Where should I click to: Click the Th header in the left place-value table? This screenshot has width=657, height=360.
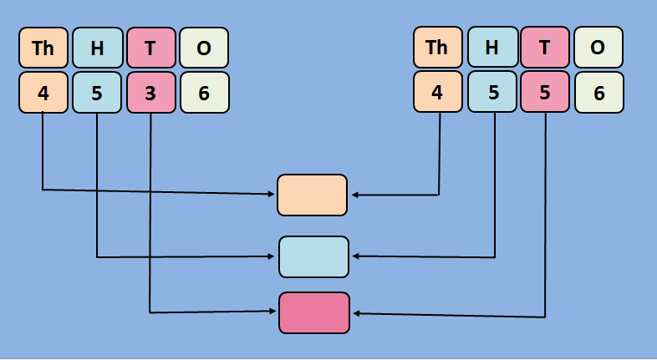[x=43, y=48]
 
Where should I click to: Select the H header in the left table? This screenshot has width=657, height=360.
[x=97, y=48]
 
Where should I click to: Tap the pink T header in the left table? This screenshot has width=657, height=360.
[x=150, y=48]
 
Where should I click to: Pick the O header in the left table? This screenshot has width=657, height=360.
[x=204, y=48]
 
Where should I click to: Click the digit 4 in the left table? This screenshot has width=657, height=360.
[x=43, y=93]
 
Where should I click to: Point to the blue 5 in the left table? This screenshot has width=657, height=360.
[x=97, y=93]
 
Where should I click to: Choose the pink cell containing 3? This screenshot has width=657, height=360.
[x=150, y=93]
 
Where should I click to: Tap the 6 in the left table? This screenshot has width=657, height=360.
[x=204, y=93]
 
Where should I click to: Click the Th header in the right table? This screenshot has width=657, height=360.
[x=437, y=48]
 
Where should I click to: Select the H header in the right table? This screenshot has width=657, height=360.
[x=491, y=48]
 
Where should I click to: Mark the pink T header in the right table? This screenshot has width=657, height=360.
[x=545, y=48]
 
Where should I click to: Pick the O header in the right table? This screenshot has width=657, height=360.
[x=598, y=48]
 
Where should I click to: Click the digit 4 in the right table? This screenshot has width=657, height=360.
[x=437, y=93]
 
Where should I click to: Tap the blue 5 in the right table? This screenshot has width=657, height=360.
[x=491, y=93]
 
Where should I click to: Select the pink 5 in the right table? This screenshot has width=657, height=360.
[x=545, y=93]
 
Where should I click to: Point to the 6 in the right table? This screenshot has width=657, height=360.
[x=598, y=93]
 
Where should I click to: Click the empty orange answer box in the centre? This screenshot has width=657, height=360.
[x=312, y=195]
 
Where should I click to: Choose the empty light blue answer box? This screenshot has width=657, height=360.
[x=313, y=256]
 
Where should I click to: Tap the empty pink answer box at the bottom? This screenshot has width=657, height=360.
[x=314, y=312]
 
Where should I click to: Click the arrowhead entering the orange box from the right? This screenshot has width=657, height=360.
[x=354, y=195]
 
